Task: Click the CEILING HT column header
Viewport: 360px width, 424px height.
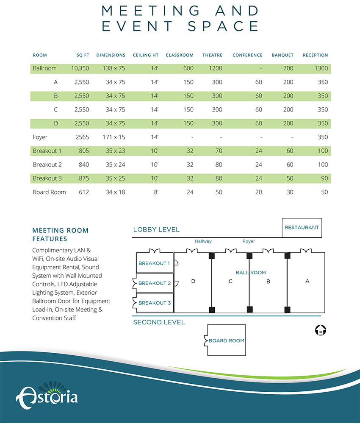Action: pos(146,55)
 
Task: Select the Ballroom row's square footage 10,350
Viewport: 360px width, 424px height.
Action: pos(80,68)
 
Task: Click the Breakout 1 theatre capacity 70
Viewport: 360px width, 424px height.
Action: pos(219,151)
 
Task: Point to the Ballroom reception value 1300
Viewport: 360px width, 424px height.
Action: pos(321,68)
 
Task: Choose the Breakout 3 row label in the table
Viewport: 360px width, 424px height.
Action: pos(47,179)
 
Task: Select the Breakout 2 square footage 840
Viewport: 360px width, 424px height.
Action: pos(84,165)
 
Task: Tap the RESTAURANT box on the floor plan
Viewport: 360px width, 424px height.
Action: pos(302,228)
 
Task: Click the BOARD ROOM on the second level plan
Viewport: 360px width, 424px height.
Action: pos(226,340)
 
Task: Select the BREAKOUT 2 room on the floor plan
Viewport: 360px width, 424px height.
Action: pos(155,283)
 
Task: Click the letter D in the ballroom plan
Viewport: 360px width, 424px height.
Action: pos(193,281)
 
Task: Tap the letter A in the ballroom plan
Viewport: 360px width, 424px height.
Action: pos(307,281)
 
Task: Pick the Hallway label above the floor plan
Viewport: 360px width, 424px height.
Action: pos(203,241)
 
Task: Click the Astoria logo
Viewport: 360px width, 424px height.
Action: pos(47,395)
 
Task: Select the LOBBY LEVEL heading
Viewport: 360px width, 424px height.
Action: pos(156,230)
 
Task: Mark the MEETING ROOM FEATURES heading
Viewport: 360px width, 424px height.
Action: pos(61,234)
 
